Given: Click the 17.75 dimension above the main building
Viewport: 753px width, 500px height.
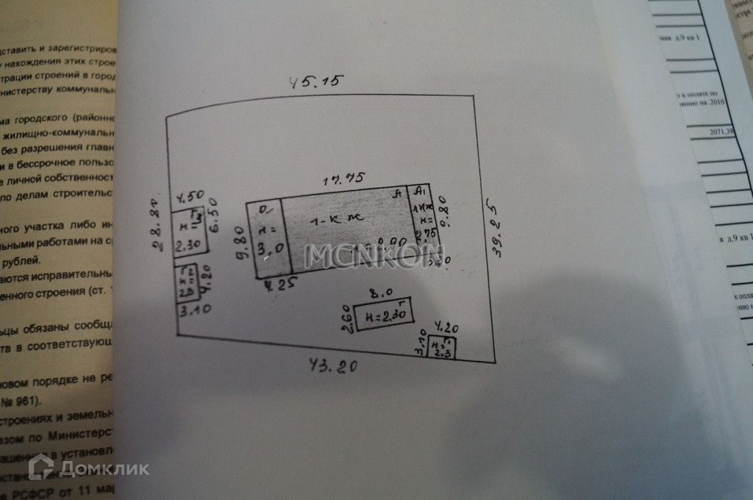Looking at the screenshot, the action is click(346, 178).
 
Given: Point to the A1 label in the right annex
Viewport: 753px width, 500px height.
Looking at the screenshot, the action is click(421, 192).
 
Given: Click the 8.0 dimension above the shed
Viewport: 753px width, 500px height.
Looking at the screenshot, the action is click(379, 293).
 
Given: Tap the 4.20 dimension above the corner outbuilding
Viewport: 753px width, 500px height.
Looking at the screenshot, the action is click(446, 328).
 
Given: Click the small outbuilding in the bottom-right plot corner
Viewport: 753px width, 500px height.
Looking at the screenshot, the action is click(442, 347).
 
